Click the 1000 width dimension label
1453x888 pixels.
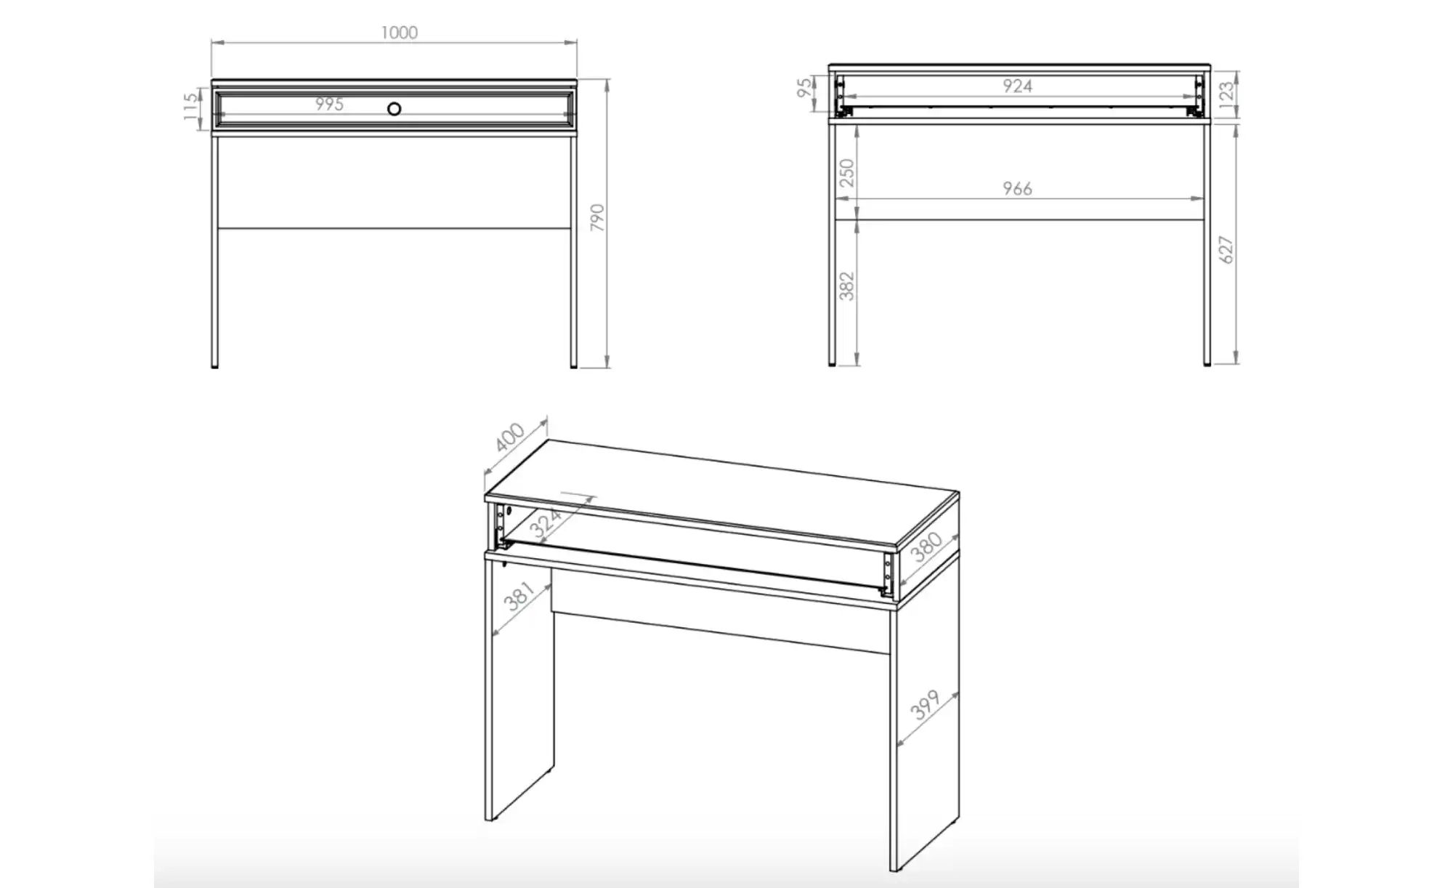coord(400,33)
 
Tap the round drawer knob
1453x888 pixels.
coord(394,109)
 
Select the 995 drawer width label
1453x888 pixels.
coord(329,105)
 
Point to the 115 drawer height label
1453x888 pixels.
coord(191,107)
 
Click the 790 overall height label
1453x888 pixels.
coord(597,217)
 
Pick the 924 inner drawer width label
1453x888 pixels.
coord(1017,86)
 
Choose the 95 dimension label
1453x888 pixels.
coord(804,88)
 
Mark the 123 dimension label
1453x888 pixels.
coord(1226,92)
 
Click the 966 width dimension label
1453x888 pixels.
coord(1017,189)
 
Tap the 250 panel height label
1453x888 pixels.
coord(847,173)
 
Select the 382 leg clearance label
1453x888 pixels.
coord(847,286)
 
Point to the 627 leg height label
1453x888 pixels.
coord(1226,249)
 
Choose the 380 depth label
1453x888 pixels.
coord(927,546)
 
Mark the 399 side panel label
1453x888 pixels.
coord(926,705)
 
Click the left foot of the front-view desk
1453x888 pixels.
coord(214,366)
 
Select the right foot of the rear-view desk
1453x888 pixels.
coord(1207,363)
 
